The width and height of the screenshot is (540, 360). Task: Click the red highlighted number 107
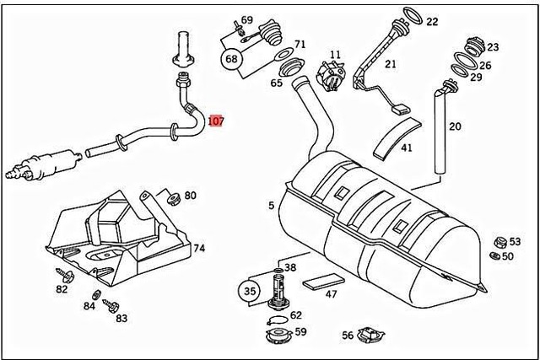[216, 121]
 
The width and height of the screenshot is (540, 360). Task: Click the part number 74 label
[199, 249]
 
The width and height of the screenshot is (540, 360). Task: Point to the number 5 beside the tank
[271, 205]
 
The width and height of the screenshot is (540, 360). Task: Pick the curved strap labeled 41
[394, 134]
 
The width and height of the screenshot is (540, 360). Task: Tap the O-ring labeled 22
[411, 16]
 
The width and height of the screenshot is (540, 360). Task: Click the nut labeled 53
[499, 241]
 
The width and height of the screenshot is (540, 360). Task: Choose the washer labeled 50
[496, 255]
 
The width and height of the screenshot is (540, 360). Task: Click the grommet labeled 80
[172, 198]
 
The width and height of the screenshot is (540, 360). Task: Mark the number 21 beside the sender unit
[390, 64]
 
